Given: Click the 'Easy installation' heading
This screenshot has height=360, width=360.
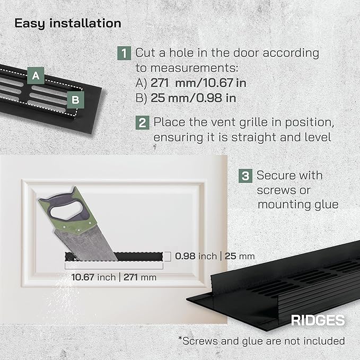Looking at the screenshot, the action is [68, 24].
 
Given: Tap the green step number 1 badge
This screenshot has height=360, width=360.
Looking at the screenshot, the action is [124, 53].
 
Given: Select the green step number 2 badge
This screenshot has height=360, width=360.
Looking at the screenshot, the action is [142, 122].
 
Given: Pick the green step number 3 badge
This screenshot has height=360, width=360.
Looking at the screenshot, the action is [245, 176].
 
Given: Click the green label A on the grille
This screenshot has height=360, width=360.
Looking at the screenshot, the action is [36, 75].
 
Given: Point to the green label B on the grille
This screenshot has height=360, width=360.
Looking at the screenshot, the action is [75, 100].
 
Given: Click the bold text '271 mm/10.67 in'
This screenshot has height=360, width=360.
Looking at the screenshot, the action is [198, 83].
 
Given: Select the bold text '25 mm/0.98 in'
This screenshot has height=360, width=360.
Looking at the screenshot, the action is [194, 98].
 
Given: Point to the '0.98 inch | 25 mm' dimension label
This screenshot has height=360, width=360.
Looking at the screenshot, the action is [215, 256].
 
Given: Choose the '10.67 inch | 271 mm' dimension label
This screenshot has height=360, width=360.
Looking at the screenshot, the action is [114, 277].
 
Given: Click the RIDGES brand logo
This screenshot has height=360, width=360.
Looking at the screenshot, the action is [318, 320].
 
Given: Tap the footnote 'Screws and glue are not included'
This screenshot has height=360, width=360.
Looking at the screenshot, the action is [261, 341].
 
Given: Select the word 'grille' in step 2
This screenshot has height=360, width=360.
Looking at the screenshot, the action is [253, 122].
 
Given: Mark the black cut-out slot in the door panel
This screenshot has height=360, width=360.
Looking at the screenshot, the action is [114, 257].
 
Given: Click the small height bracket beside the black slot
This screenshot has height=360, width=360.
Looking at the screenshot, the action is [168, 257].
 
